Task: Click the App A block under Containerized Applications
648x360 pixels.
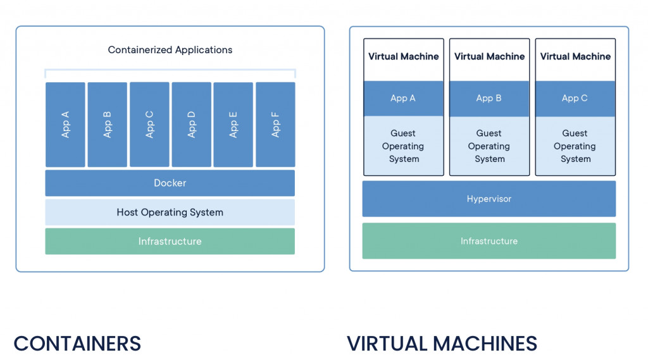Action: pos(65,125)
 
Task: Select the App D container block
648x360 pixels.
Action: pos(191,125)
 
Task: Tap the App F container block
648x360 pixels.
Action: pos(275,125)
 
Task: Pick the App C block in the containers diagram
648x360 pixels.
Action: pos(149,125)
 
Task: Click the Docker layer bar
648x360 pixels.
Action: pos(170,183)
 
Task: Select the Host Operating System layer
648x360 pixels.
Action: pos(170,213)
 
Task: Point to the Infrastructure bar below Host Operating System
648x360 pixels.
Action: pos(170,241)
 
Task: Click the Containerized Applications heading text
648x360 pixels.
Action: pos(170,50)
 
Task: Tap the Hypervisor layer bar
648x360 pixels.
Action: pos(489,199)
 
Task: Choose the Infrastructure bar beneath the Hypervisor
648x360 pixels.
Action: pos(489,241)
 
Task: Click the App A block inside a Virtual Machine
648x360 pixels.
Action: pos(403,99)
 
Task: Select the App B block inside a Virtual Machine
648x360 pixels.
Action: pos(489,99)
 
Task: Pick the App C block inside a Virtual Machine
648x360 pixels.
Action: pos(575,99)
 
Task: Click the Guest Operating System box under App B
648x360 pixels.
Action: pos(489,146)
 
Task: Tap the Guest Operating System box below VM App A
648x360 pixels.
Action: pos(403,146)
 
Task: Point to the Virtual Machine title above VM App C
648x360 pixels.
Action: pos(575,57)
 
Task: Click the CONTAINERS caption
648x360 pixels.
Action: pos(77,344)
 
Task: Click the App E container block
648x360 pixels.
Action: pos(234,125)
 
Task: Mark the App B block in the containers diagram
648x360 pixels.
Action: pos(107,125)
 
